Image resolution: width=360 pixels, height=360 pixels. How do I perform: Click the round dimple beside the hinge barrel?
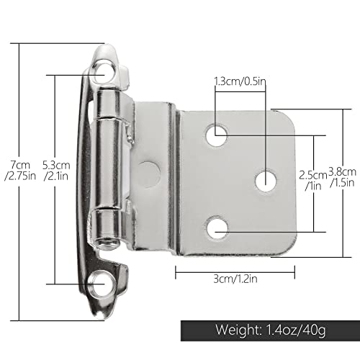(x=148, y=171)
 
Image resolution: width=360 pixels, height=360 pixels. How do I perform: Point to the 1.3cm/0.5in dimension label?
(x=240, y=82)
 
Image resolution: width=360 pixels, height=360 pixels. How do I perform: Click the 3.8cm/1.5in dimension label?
(x=341, y=176)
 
